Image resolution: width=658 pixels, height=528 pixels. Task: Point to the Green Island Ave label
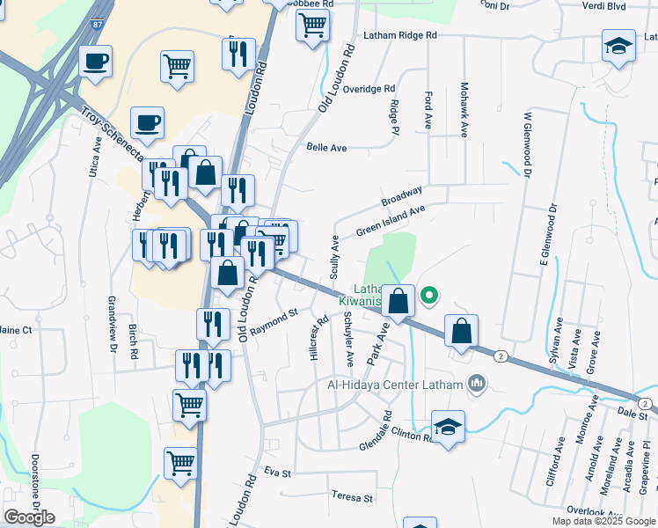coord(390,221)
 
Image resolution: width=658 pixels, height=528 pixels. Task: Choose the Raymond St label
coord(275,323)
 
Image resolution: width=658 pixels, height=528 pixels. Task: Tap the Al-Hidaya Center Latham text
coord(394,385)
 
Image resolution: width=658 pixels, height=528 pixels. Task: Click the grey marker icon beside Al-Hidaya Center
coord(478,383)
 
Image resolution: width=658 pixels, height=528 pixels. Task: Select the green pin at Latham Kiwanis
coord(429,296)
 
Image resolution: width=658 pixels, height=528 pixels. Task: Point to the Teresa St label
coord(351,498)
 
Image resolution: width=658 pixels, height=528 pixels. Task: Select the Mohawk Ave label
coord(464,111)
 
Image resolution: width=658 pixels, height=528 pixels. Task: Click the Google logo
coord(29,517)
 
